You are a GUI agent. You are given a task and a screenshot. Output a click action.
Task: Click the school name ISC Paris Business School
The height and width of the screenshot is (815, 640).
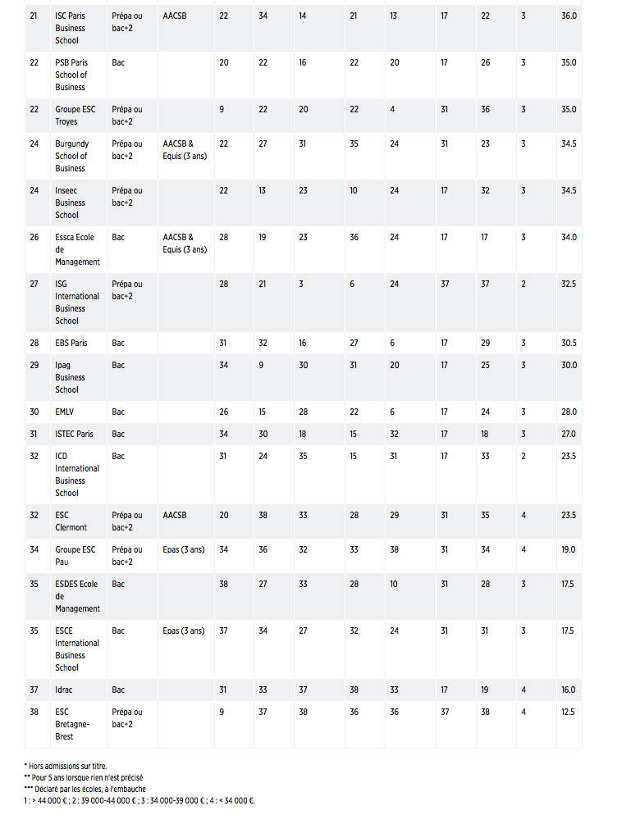coord(71,28)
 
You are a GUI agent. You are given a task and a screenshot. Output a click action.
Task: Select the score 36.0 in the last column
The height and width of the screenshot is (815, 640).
coord(569,16)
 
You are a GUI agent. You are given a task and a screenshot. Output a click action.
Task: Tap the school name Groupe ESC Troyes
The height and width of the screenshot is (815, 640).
coord(75,115)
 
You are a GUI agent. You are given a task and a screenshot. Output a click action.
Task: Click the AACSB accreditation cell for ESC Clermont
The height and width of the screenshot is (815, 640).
coord(174,515)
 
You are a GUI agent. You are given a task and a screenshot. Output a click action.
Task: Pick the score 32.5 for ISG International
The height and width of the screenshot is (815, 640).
coord(569,284)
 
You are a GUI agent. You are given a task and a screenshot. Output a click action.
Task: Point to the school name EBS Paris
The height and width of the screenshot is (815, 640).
coord(71,343)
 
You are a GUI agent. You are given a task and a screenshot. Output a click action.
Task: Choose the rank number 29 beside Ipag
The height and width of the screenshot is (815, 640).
coord(34,365)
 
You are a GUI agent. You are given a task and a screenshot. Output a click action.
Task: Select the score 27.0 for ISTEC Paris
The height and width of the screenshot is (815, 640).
coord(569,434)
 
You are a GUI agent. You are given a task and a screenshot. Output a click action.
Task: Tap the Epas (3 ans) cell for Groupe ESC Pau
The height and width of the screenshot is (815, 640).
coord(183,549)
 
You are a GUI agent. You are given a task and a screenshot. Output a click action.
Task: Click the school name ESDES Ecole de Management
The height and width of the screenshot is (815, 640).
coord(77,596)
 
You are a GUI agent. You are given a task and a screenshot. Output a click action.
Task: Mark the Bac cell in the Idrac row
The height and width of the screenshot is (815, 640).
coord(118,690)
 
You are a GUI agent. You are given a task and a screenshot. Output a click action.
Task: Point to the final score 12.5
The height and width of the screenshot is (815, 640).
coord(569,712)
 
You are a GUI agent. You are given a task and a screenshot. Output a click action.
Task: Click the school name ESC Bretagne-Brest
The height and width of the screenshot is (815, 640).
coord(71,724)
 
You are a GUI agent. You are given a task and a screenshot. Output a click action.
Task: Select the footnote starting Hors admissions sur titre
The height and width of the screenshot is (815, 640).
coord(66,766)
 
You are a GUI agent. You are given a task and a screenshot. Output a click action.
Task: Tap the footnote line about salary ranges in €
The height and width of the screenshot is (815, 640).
coord(139,800)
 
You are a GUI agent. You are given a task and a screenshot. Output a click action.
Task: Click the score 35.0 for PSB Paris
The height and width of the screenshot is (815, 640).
coord(569,62)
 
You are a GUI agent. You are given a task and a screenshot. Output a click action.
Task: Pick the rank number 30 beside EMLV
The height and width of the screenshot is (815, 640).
coord(34,412)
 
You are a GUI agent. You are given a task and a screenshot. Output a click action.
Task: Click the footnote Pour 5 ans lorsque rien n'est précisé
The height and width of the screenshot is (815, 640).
coord(89,777)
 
